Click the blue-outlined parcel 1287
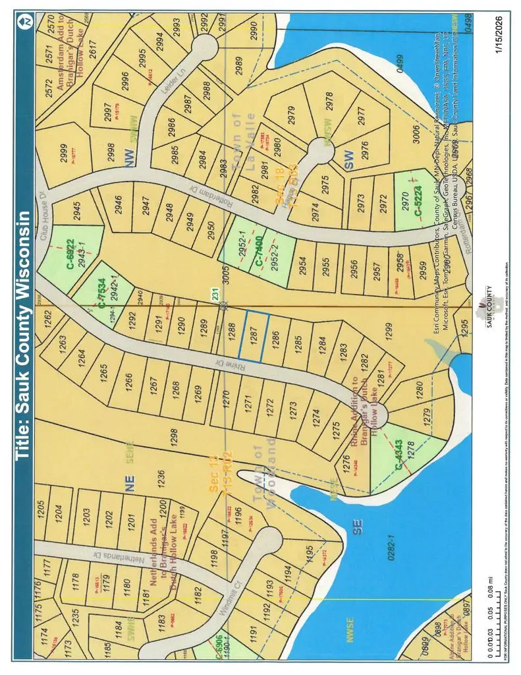click(254, 336)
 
